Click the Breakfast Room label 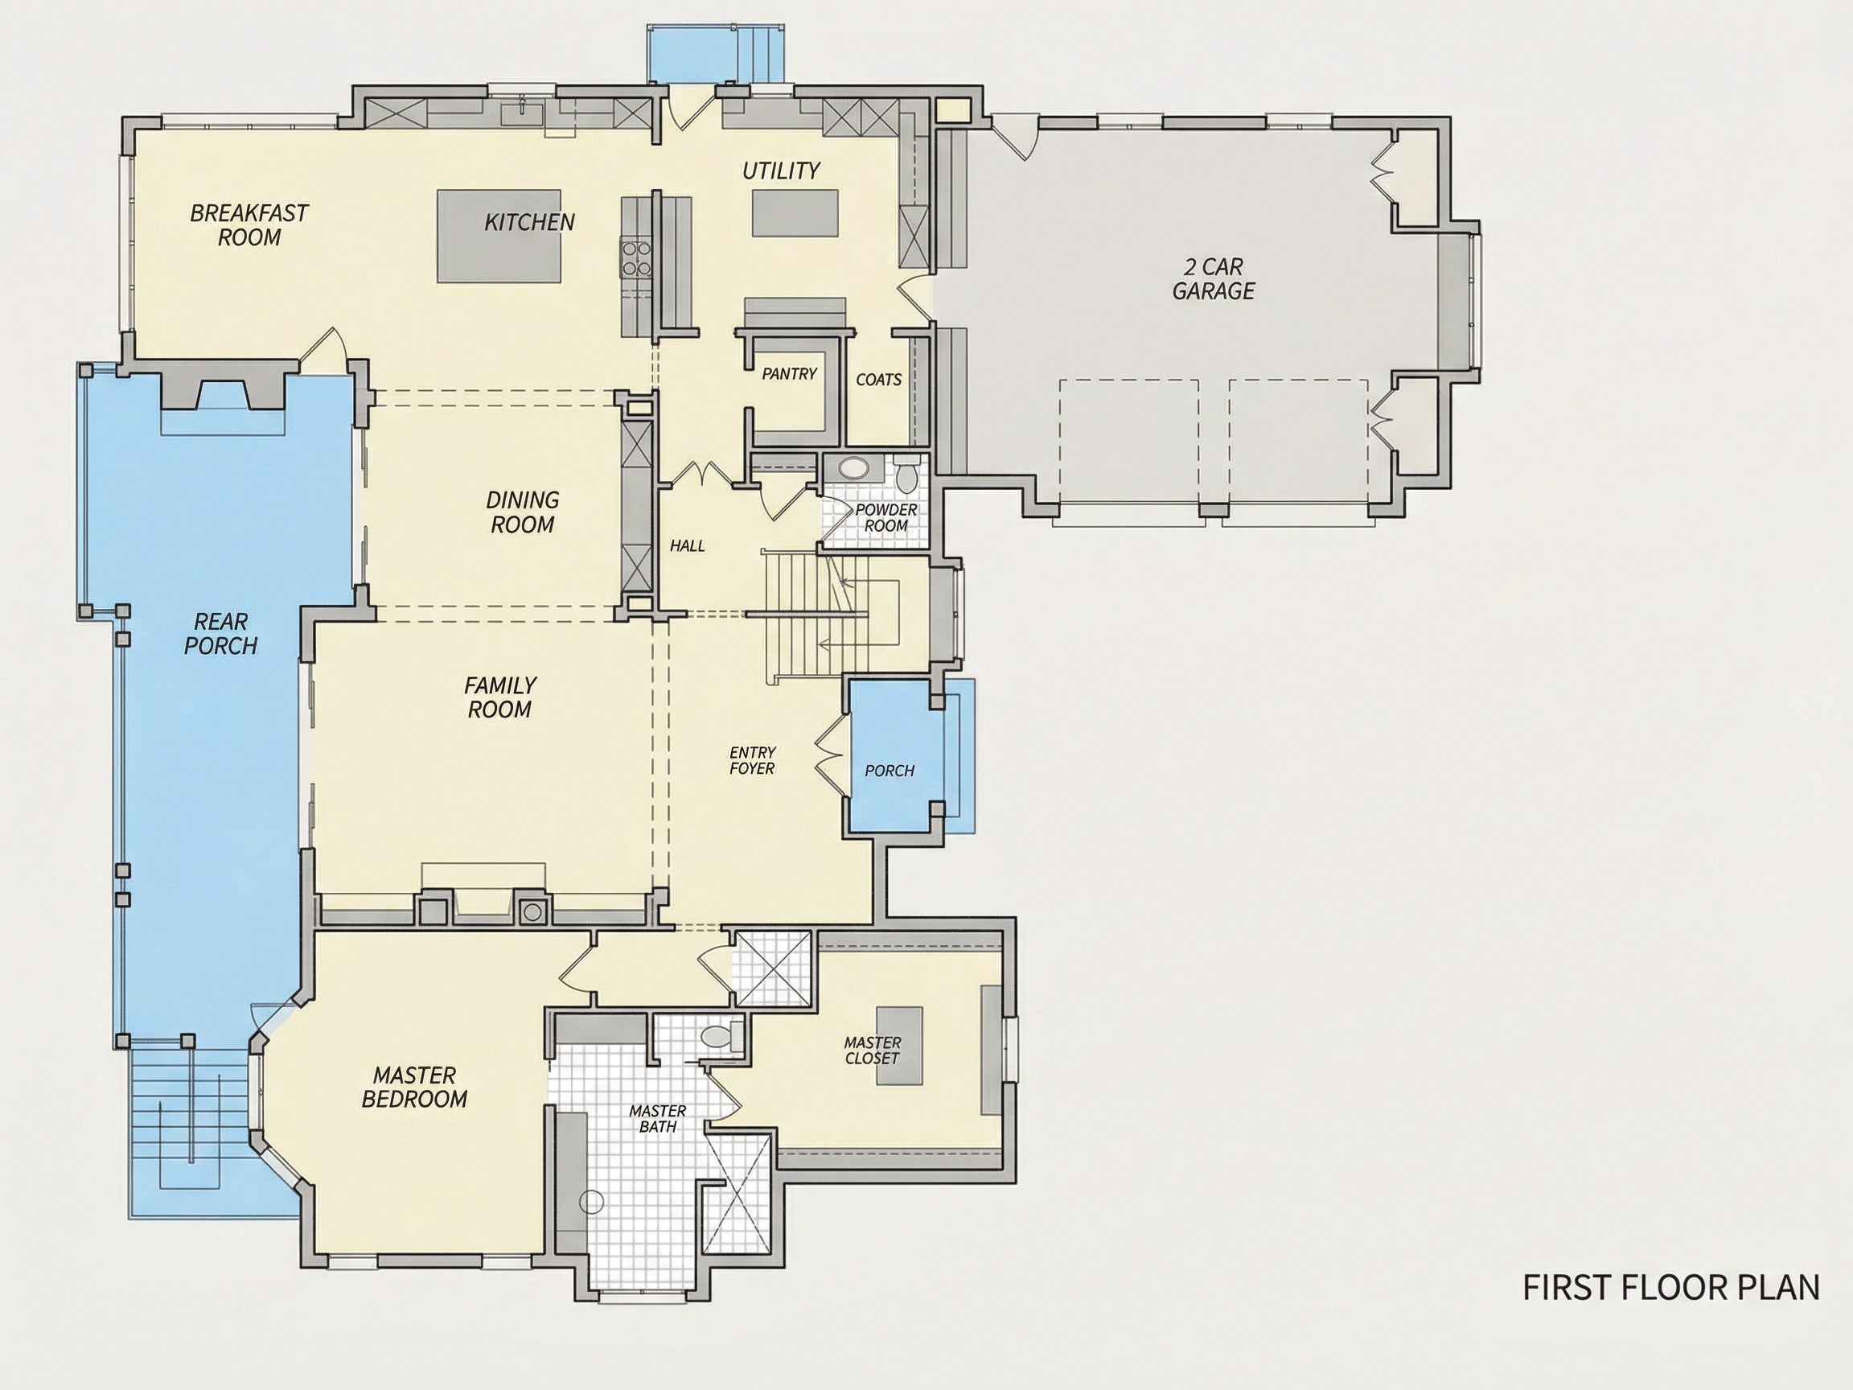pyautogui.click(x=249, y=225)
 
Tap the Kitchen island pyautogui.click(x=499, y=236)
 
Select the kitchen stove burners pyautogui.click(x=636, y=257)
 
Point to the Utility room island pyautogui.click(x=795, y=214)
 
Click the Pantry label pyautogui.click(x=789, y=374)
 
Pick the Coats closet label pyautogui.click(x=879, y=380)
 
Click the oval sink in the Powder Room pyautogui.click(x=853, y=467)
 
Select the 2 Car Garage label pyautogui.click(x=1213, y=279)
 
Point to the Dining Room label pyautogui.click(x=523, y=512)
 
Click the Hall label pyautogui.click(x=687, y=546)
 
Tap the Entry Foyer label pyautogui.click(x=751, y=760)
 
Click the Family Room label pyautogui.click(x=500, y=698)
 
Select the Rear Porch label pyautogui.click(x=221, y=633)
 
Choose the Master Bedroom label pyautogui.click(x=415, y=1087)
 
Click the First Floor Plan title pyautogui.click(x=1671, y=1287)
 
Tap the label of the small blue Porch pyautogui.click(x=890, y=770)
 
